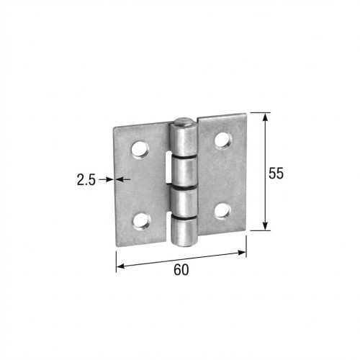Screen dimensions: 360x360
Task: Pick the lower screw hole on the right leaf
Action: (223, 210)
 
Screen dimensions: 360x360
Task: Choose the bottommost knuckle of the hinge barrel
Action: (184, 230)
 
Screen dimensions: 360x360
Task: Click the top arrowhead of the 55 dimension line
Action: (266, 117)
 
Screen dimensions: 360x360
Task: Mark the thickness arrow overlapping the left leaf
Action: (124, 179)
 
